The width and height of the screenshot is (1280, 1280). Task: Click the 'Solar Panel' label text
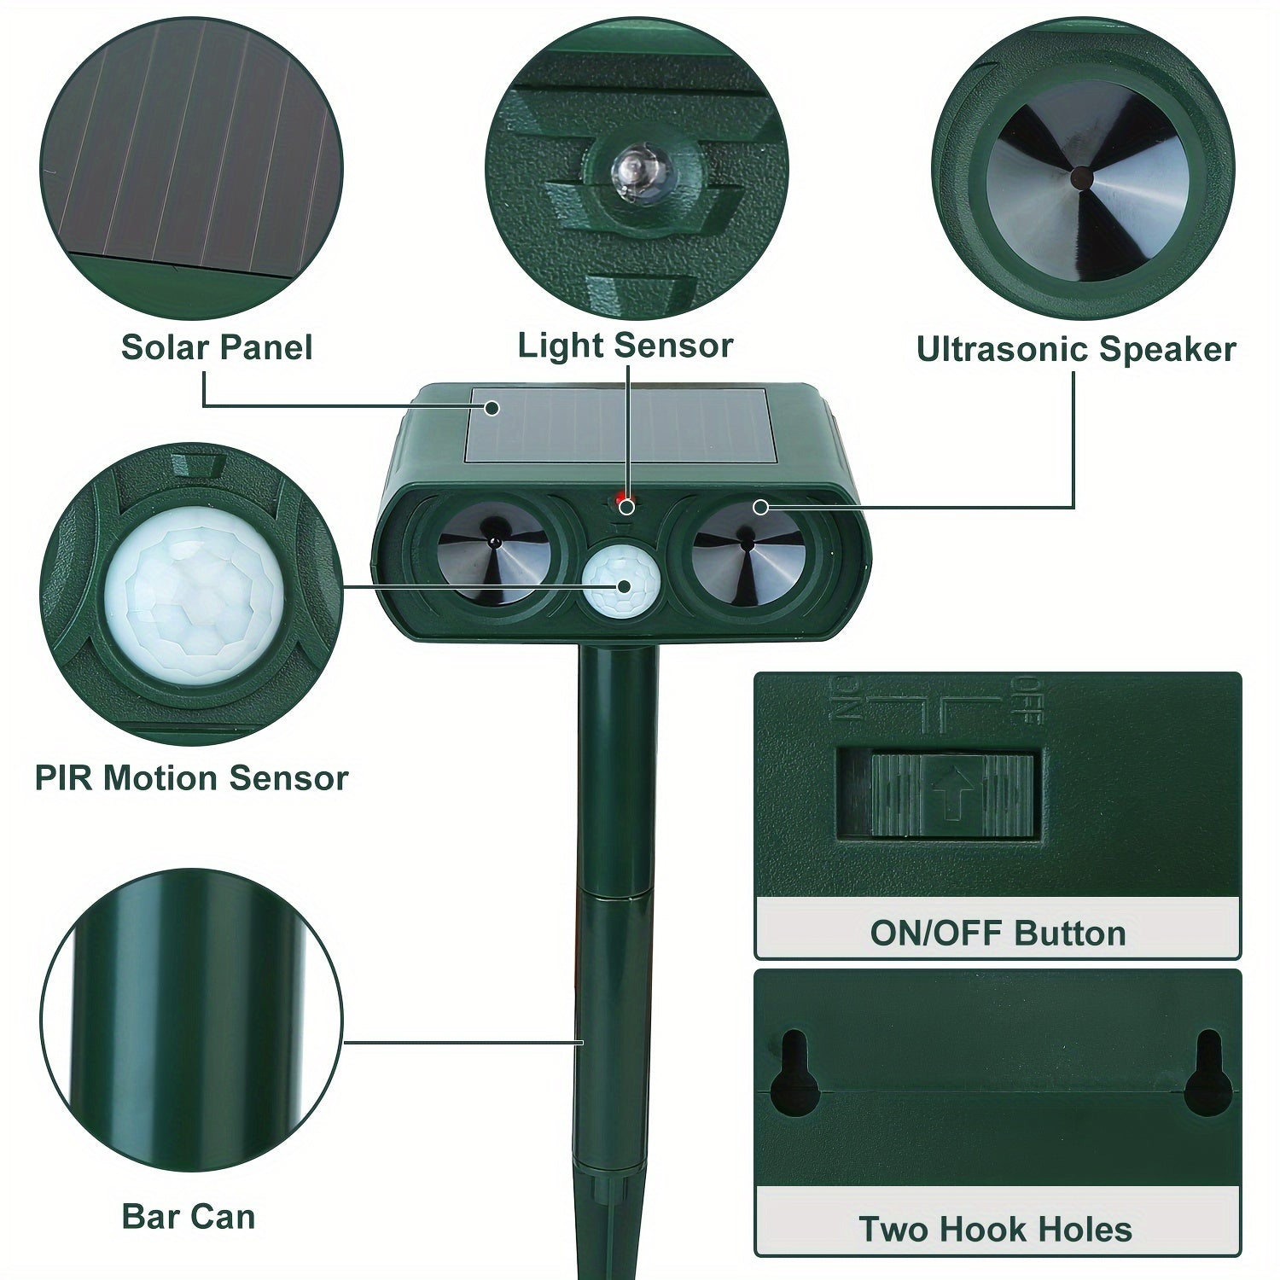(x=217, y=347)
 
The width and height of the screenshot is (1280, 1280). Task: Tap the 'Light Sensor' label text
(x=625, y=346)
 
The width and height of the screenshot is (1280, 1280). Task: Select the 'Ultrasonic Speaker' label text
(x=1075, y=349)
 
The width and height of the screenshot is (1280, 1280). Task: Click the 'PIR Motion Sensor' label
(x=192, y=778)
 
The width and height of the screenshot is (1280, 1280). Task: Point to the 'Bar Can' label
(x=189, y=1216)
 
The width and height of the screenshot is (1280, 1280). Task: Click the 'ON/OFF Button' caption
(x=998, y=933)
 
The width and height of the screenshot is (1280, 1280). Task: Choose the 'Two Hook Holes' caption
(x=995, y=1230)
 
